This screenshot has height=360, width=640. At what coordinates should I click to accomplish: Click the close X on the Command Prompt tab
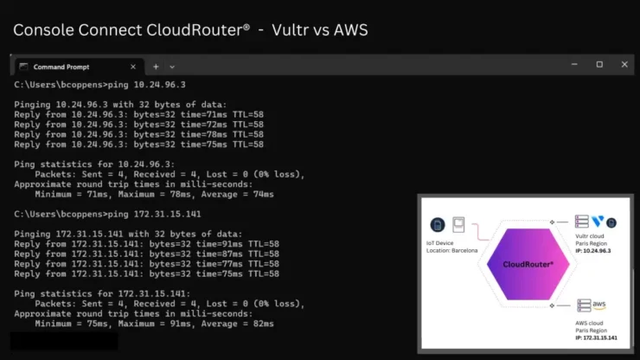pos(133,67)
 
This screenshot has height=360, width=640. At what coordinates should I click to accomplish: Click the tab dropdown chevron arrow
pos(172,67)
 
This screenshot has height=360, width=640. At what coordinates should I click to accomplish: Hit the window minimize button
pos(574,64)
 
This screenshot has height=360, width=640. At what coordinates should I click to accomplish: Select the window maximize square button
pos(599,64)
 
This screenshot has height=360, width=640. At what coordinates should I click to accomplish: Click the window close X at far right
pos(624,64)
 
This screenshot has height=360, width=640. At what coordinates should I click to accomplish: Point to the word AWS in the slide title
pos(350,29)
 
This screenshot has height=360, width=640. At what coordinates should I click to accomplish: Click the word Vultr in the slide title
pos(290,29)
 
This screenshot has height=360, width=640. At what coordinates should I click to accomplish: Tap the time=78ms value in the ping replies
pos(203,134)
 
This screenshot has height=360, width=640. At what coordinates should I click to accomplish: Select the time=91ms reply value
pos(219,244)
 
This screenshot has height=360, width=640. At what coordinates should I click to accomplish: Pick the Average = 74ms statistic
pos(237,194)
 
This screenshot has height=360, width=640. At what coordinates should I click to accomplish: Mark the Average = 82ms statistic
pos(237,324)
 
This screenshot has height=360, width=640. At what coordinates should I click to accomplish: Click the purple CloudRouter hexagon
pos(528,264)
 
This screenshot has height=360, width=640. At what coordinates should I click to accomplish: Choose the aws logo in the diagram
pos(598,305)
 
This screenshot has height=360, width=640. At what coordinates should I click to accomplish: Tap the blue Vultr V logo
pos(598,222)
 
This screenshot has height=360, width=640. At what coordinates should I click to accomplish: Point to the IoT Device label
pos(439,243)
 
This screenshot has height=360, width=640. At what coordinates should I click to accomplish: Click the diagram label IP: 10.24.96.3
pos(593,250)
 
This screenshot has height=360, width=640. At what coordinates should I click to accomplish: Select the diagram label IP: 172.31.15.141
pos(597,337)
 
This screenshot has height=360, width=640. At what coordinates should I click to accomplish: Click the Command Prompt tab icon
pos(23,67)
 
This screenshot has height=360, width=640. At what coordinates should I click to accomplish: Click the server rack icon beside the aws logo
pos(584,305)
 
